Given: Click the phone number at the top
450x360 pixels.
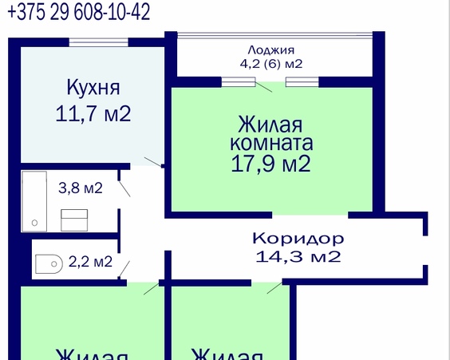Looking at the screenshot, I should pyautogui.click(x=77, y=12).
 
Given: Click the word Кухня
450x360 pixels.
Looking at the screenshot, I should pyautogui.click(x=93, y=86).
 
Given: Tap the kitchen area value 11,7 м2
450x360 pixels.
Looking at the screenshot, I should pyautogui.click(x=93, y=113).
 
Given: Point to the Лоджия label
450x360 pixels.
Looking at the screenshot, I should pyautogui.click(x=271, y=49).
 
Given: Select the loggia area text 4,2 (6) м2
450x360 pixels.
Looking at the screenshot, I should pyautogui.click(x=271, y=63).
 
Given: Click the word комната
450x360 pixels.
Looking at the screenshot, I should pyautogui.click(x=270, y=145).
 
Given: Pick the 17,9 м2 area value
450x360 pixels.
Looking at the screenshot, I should pyautogui.click(x=270, y=165).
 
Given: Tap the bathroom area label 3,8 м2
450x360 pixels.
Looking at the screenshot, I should pyautogui.click(x=81, y=188).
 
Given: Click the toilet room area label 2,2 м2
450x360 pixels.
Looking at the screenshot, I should pyautogui.click(x=90, y=260).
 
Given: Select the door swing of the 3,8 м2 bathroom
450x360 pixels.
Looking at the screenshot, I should pyautogui.click(x=125, y=189).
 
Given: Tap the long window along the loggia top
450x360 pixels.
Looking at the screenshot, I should pyautogui.click(x=275, y=34).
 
